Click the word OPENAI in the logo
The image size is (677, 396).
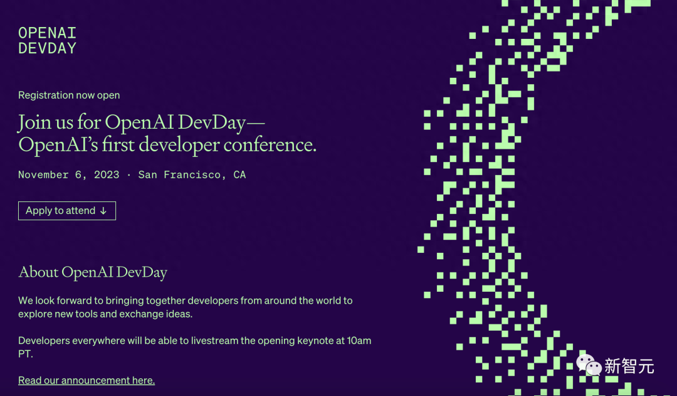pyautogui.click(x=47, y=33)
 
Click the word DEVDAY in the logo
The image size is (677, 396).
pyautogui.click(x=47, y=48)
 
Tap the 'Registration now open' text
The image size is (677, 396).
pyautogui.click(x=69, y=95)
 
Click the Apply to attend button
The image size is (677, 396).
pyautogui.click(x=67, y=210)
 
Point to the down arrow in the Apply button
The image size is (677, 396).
pyautogui.click(x=103, y=211)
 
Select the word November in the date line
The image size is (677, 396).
pyautogui.click(x=43, y=174)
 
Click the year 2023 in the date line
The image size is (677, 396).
pyautogui.click(x=107, y=174)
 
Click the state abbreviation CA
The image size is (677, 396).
pyautogui.click(x=239, y=174)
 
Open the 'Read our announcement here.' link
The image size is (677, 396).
pyautogui.click(x=87, y=380)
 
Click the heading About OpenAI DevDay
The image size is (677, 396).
pyautogui.click(x=93, y=272)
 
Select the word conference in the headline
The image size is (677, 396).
pyautogui.click(x=270, y=145)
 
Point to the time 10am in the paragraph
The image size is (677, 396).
pyautogui.click(x=359, y=341)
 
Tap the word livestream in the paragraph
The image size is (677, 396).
pyautogui.click(x=214, y=341)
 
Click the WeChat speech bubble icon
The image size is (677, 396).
pyautogui.click(x=589, y=365)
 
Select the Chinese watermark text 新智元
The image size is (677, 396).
pyautogui.click(x=629, y=366)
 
